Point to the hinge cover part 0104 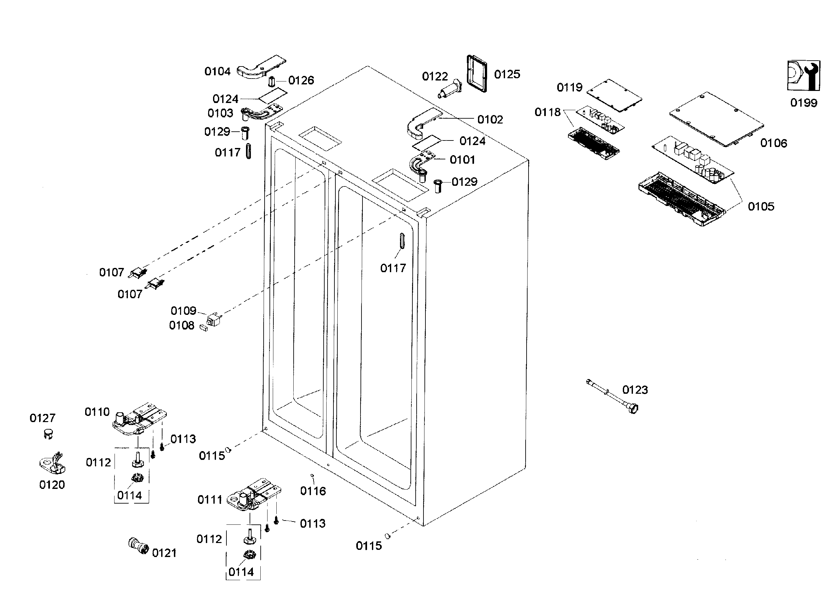tap(261, 67)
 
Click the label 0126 tap(301, 81)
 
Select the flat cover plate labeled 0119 tap(614, 95)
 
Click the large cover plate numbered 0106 tap(716, 118)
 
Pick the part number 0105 tap(761, 207)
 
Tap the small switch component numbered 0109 tap(213, 319)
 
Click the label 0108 tap(181, 325)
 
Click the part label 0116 tap(313, 491)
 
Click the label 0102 tap(490, 120)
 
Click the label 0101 tap(462, 160)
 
